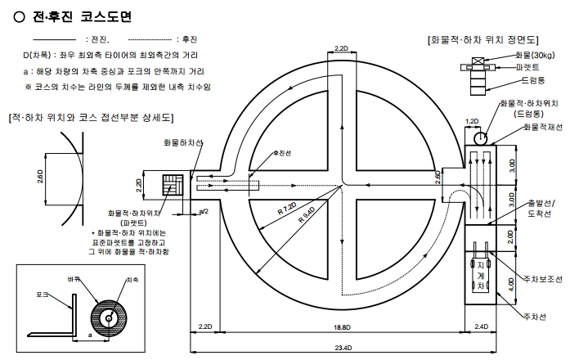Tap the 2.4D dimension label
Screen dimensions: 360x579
[482, 327]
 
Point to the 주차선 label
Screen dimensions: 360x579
[534, 316]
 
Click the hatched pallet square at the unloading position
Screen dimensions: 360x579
[173, 185]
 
